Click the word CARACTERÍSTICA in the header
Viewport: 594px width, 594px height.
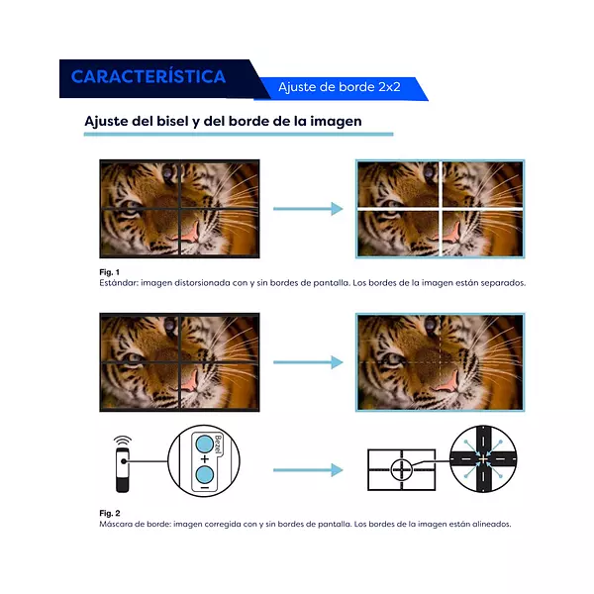coord(148,76)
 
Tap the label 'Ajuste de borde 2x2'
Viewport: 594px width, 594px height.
coord(339,87)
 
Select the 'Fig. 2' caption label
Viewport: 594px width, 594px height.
coord(109,513)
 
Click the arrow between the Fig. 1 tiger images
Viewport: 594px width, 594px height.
coord(307,209)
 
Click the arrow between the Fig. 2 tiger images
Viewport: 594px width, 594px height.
coord(307,362)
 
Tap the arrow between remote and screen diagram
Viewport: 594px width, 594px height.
coord(307,470)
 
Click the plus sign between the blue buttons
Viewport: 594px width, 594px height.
coord(203,460)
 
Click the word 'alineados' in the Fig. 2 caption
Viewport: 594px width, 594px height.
coord(491,524)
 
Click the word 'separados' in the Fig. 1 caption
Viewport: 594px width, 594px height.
coord(503,282)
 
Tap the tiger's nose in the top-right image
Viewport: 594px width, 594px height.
coord(446,233)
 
